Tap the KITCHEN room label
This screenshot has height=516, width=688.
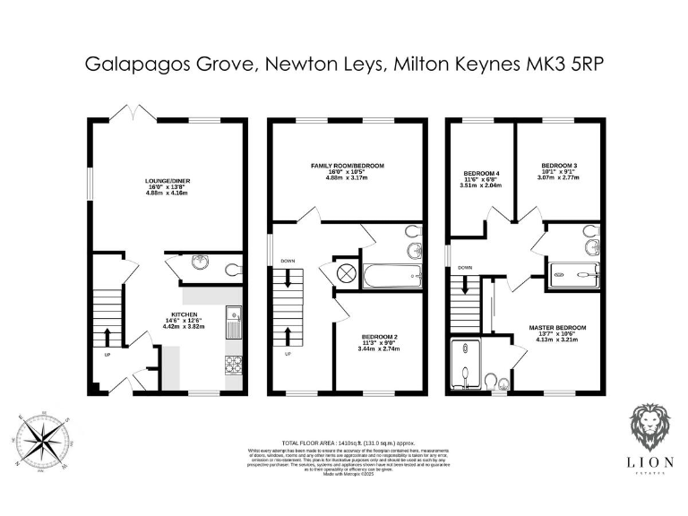click(184, 314)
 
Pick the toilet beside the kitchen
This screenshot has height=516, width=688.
click(232, 267)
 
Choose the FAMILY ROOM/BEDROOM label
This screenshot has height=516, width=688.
click(347, 166)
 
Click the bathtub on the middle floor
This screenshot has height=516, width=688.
click(392, 275)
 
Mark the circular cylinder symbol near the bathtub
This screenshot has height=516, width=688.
click(345, 275)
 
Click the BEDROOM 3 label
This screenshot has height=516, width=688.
click(558, 166)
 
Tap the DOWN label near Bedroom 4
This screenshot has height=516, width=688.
click(465, 267)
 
